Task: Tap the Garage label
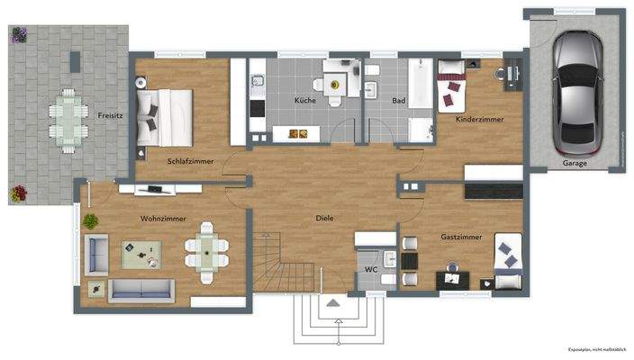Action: (x=575, y=163)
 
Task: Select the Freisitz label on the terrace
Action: (x=112, y=114)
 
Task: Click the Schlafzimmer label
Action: (x=190, y=161)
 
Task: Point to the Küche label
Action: (x=304, y=101)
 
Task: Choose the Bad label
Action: (x=398, y=101)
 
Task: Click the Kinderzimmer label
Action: (x=479, y=119)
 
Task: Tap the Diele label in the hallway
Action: (x=324, y=218)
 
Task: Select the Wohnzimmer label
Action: (x=162, y=218)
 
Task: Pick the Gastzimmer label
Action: (x=461, y=237)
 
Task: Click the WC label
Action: (x=370, y=269)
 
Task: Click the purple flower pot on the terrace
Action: (x=19, y=35)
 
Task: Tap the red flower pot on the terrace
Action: (x=19, y=192)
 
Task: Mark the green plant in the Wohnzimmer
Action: (x=91, y=220)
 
